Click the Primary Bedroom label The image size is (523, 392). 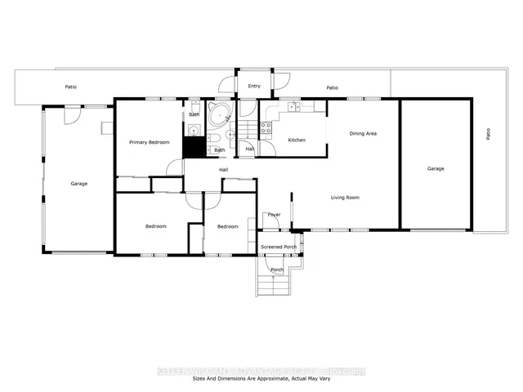tap(150, 142)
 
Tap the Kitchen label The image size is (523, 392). tap(297, 140)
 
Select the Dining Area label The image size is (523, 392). tap(363, 133)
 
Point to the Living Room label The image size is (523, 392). tap(345, 197)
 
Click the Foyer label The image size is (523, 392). tap(275, 215)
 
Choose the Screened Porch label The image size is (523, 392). tap(277, 246)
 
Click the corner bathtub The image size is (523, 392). tap(219, 115)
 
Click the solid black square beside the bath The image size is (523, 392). tap(193, 147)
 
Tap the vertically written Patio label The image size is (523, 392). tap(489, 133)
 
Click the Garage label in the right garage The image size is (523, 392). tap(436, 168)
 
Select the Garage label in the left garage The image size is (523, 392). tap(78, 184)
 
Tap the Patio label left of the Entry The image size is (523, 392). tap(71, 86)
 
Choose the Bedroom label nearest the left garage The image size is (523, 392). tap(156, 226)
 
